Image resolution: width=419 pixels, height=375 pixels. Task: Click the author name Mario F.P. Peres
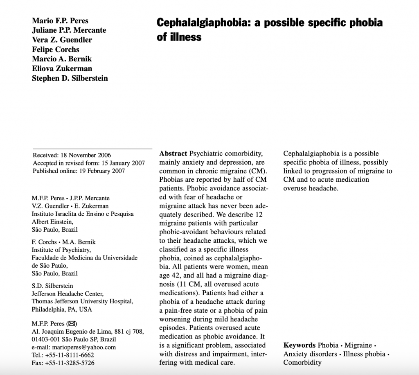click(60, 21)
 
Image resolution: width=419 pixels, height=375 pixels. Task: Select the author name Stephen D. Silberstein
click(70, 78)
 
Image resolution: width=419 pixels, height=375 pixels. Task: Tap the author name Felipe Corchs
click(56, 50)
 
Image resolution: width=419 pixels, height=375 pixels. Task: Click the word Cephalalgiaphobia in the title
click(203, 23)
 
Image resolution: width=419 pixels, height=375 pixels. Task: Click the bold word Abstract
click(173, 154)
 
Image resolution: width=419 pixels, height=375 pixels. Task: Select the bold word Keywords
click(299, 345)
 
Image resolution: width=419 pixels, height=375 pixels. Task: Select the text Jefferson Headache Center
click(68, 294)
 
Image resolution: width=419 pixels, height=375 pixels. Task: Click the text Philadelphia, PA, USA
click(62, 309)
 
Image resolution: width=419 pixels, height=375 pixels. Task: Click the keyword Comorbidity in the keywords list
click(302, 362)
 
